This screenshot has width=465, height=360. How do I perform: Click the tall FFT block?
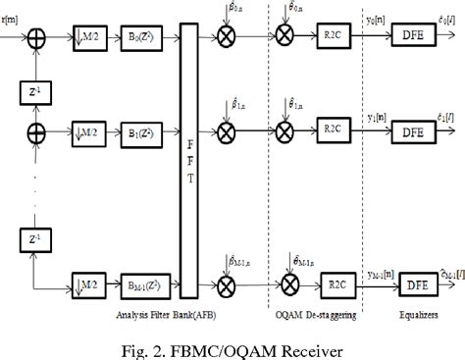click(189, 158)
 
